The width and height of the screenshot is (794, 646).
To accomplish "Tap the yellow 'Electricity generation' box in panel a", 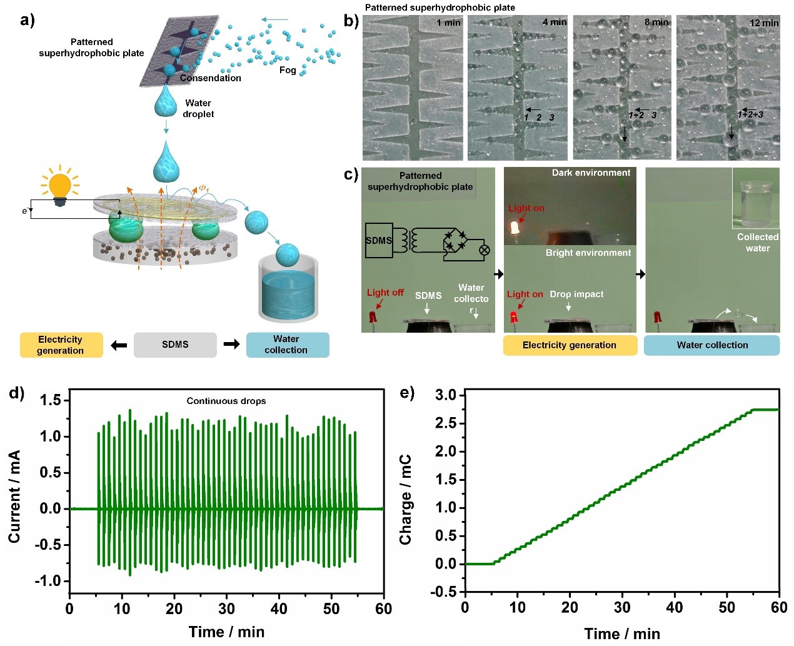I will [x=61, y=345].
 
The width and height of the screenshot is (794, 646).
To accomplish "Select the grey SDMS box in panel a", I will [x=175, y=345].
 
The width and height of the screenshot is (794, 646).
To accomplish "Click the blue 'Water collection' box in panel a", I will [x=287, y=345].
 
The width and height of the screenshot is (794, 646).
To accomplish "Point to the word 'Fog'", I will [x=288, y=70].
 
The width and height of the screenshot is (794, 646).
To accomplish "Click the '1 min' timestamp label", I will [x=448, y=23].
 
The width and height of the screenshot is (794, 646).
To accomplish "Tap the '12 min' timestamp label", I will [x=764, y=23].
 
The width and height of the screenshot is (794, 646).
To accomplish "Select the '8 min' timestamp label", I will [x=656, y=22].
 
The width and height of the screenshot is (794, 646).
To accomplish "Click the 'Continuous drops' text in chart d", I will [x=226, y=401].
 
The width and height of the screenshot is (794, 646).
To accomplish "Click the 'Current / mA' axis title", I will [x=14, y=496].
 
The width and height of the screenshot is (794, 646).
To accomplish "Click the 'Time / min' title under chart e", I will [x=621, y=633].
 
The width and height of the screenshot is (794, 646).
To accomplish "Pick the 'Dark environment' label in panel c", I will [x=591, y=173].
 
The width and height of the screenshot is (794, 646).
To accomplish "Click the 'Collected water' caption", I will [x=757, y=243].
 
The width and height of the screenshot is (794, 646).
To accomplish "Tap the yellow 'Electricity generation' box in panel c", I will [x=570, y=345].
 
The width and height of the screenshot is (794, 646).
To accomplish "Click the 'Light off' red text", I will [x=385, y=292].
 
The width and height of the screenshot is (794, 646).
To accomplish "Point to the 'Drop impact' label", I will [x=576, y=294].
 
